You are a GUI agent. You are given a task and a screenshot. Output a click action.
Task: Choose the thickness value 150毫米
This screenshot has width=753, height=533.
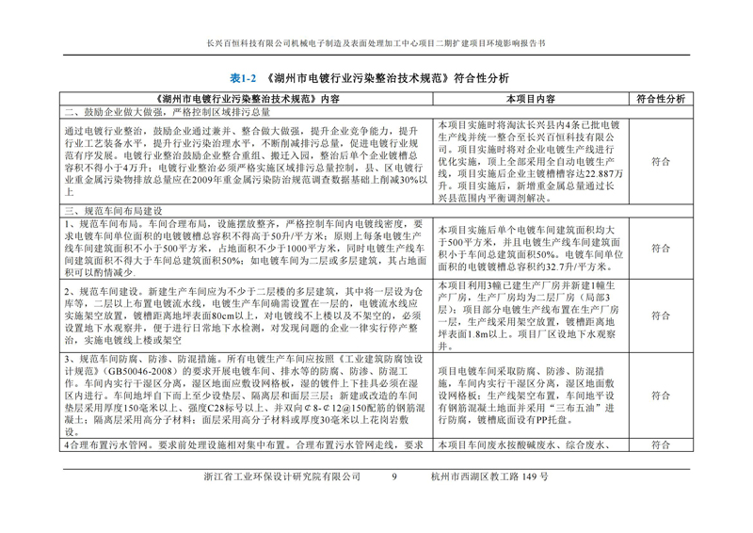point(150,412)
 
